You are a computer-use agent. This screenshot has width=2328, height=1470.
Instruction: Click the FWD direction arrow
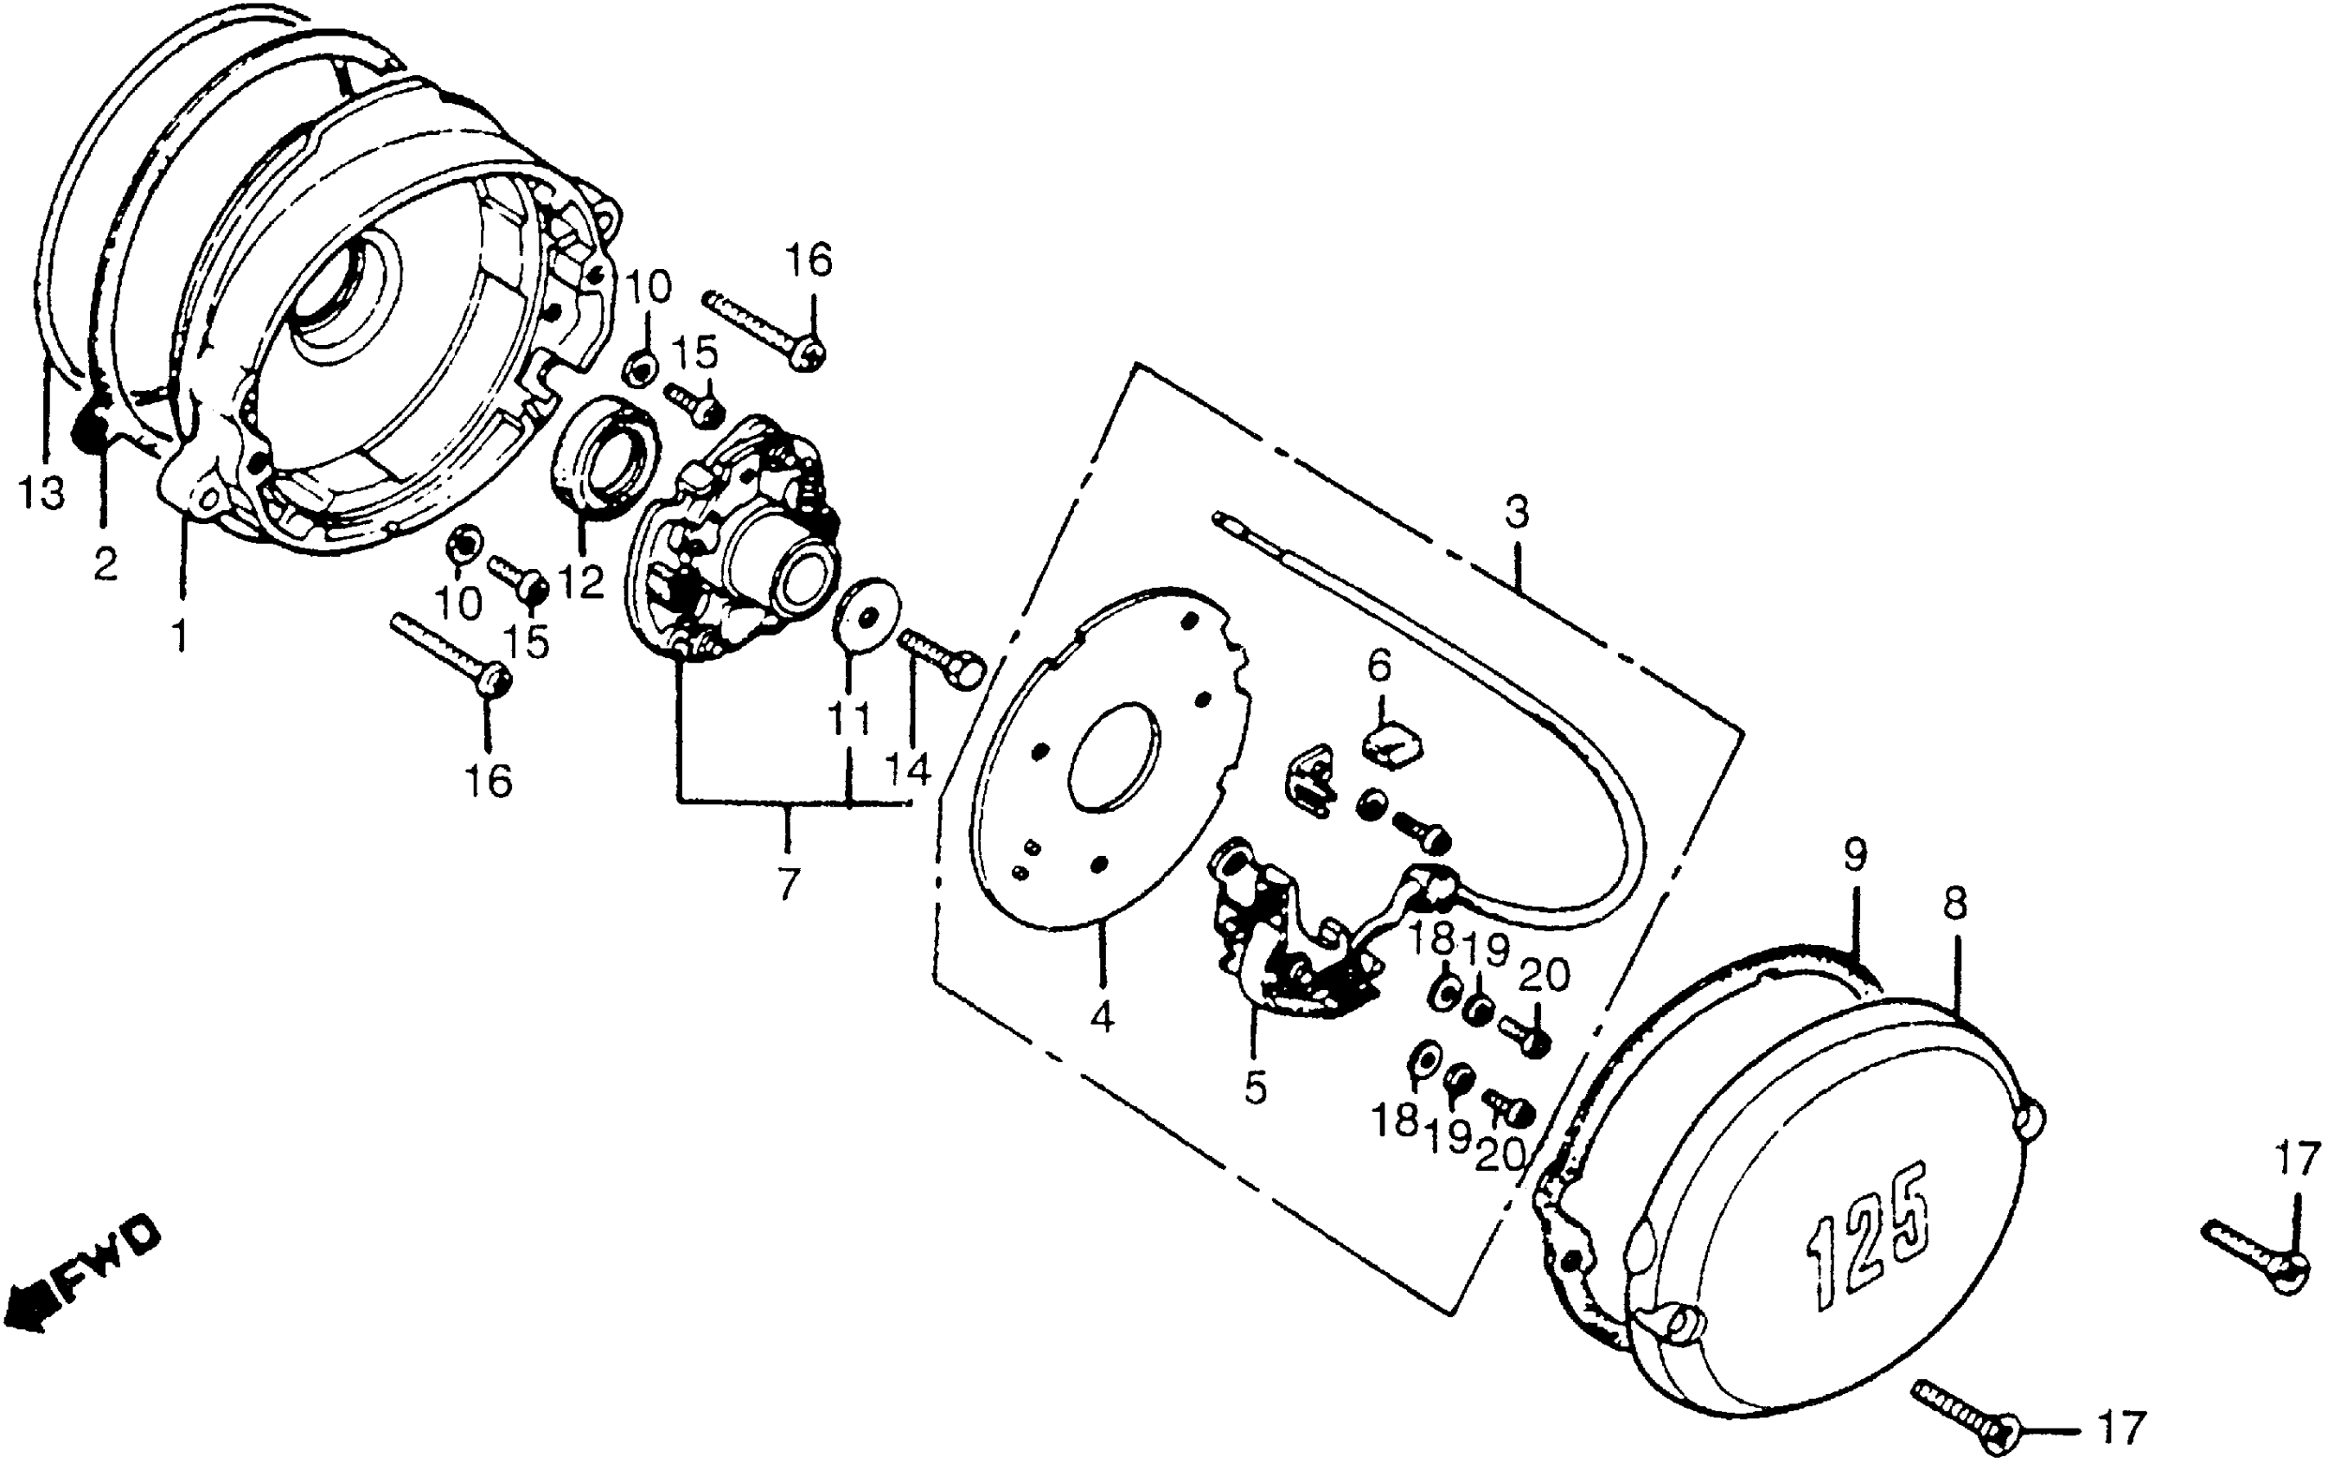(x=82, y=1274)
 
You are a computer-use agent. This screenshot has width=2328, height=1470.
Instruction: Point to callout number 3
(x=1517, y=512)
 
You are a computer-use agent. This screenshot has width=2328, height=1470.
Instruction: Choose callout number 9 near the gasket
(x=1855, y=855)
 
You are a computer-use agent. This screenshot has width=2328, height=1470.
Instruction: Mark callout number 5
(x=1254, y=1089)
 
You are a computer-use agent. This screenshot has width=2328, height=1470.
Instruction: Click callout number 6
(x=1378, y=665)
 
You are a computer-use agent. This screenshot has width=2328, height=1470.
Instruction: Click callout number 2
(x=106, y=564)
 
